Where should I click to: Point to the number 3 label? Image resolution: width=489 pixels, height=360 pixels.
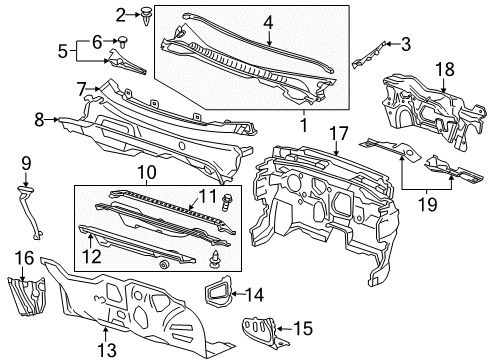pyautogui.click(x=406, y=43)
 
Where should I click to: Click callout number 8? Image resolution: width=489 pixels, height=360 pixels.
pyautogui.click(x=40, y=119)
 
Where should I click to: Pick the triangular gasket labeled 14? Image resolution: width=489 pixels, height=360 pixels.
pyautogui.click(x=217, y=293)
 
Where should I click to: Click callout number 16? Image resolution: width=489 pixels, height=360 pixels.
pyautogui.click(x=24, y=257)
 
